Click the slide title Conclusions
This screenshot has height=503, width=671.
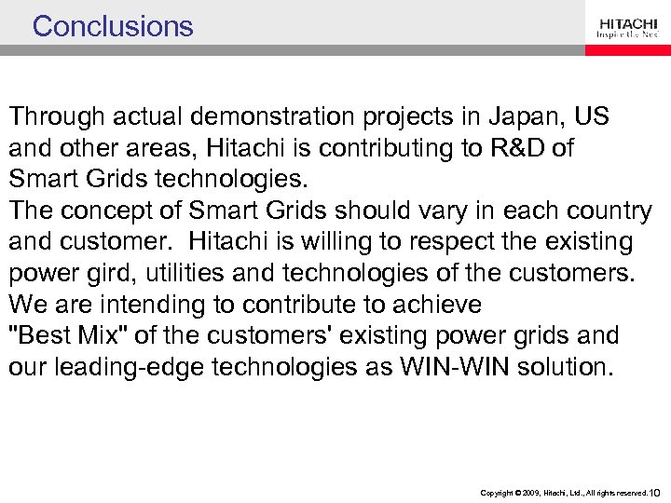coord(113,26)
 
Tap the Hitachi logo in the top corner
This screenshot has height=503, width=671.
coord(628,27)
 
